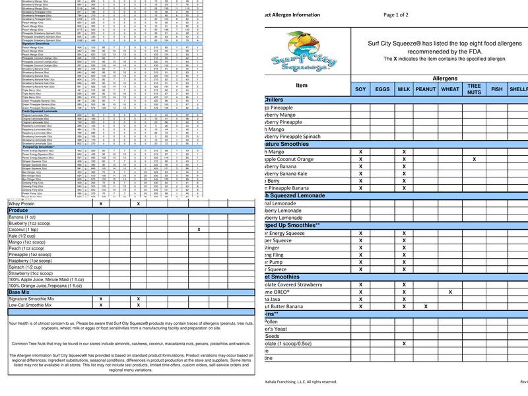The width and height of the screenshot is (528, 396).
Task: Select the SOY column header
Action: [x=360, y=88]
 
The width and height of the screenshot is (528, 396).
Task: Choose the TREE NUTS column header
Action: [x=474, y=88]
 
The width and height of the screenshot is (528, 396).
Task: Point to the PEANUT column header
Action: [x=426, y=88]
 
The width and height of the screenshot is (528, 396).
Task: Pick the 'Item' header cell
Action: [x=302, y=85]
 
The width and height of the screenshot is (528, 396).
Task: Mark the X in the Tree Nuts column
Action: [x=474, y=159]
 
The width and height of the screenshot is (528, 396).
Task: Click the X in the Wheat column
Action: [x=450, y=291]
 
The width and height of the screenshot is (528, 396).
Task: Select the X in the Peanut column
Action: [x=426, y=306]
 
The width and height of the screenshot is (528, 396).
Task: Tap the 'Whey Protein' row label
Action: [x=25, y=204]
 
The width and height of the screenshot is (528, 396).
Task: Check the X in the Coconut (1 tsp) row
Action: [x=199, y=229]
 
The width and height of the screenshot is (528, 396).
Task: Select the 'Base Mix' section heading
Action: [x=19, y=292]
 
